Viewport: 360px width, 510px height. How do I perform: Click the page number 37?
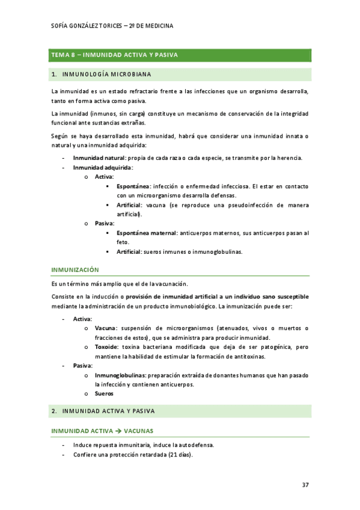click(x=305, y=485)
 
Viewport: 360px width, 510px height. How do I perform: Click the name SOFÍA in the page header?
click(x=63, y=26)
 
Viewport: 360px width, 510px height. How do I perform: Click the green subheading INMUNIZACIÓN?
click(x=75, y=270)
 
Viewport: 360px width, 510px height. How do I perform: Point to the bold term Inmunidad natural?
click(x=95, y=158)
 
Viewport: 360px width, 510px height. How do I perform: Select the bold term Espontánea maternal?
click(x=147, y=233)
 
